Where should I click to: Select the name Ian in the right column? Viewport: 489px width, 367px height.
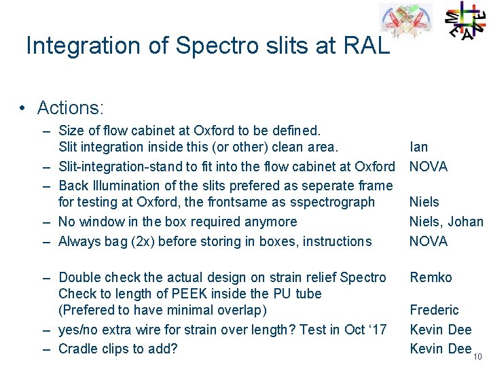click(418, 147)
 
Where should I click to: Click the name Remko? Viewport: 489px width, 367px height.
click(430, 277)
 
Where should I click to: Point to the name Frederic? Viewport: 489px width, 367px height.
click(434, 310)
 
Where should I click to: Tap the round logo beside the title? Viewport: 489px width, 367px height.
click(405, 20)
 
